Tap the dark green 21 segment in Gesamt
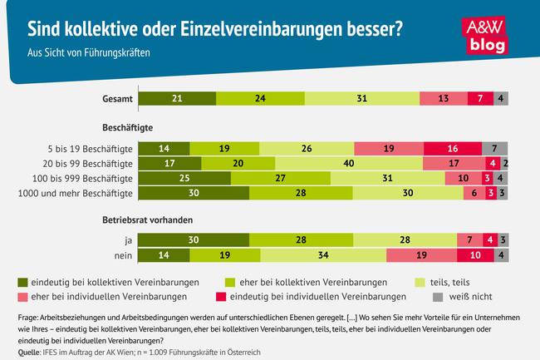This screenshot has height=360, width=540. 177,98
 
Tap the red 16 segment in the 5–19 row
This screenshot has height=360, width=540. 452,148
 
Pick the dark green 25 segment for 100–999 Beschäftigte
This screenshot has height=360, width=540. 184,178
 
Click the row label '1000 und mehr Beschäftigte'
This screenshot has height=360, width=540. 76,194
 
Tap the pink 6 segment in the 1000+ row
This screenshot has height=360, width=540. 474,194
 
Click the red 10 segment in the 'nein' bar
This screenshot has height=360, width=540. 474,256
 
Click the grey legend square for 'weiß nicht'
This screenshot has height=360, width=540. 437,295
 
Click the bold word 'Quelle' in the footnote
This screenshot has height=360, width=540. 30,353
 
